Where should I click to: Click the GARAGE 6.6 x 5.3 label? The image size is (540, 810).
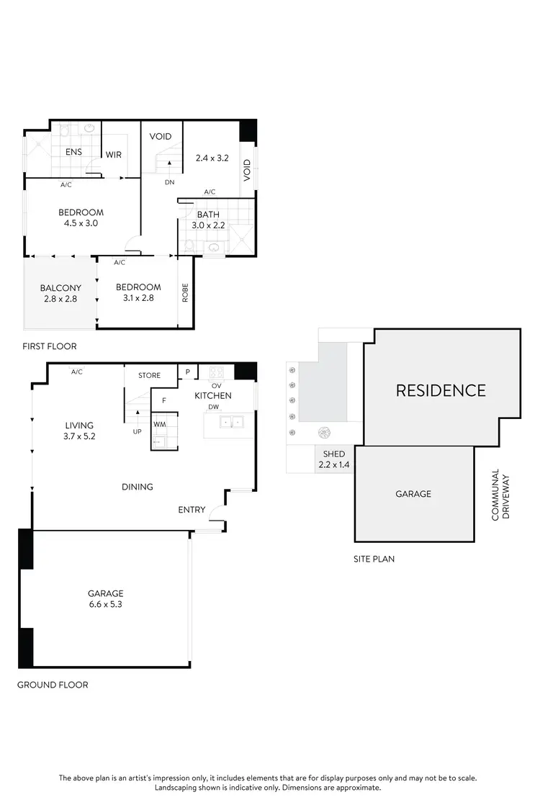coord(106,599)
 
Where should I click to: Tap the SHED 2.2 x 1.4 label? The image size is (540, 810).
coord(334,459)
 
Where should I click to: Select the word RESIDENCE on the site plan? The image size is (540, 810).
coord(441,390)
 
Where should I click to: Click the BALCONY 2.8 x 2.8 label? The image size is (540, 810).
coord(60,292)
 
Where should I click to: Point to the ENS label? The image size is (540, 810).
coord(73,153)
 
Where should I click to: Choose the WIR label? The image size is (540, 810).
coord(114,155)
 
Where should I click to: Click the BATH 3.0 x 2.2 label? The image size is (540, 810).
coord(208,220)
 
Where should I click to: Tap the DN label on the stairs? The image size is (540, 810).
coord(170,182)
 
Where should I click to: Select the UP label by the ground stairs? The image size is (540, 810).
coord(137,431)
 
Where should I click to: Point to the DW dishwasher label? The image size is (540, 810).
coord(214,407)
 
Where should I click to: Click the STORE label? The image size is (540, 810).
coord(150,375)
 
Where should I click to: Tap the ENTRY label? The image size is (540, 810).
coord(192,510)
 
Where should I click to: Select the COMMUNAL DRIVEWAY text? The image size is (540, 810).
coord(500,495)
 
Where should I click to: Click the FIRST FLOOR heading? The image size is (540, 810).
coord(50,346)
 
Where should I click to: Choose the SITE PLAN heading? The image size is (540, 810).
coord(374,559)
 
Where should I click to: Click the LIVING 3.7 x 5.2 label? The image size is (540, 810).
coord(79,431)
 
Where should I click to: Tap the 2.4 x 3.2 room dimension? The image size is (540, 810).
coord(212,158)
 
